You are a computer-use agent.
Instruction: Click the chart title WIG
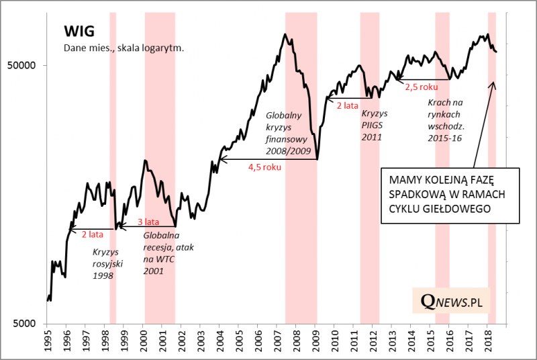point(79,31)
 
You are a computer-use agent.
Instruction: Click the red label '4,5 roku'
point(264,167)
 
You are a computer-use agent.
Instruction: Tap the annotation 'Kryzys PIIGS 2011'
point(370,126)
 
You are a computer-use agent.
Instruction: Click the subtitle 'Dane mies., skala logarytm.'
point(124,48)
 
